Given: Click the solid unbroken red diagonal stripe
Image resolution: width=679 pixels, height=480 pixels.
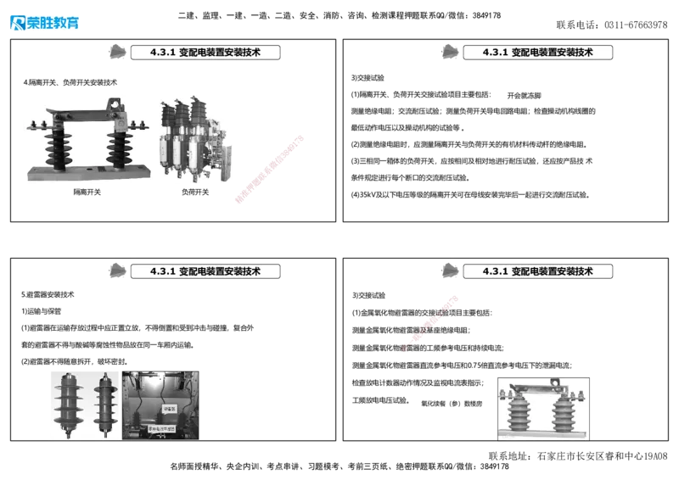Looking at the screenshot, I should coord(269,169).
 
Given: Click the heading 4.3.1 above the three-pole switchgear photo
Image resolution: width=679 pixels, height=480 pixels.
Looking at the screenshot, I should coord(205,53).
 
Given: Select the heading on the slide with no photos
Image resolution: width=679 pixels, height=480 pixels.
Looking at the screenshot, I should coord(538,53).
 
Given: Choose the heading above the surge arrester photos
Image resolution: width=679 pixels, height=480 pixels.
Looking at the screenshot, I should coord(205,271).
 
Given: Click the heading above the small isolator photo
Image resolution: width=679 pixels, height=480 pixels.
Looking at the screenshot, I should coord(538,271).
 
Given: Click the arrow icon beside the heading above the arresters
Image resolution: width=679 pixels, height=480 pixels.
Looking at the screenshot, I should coord(115,271).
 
